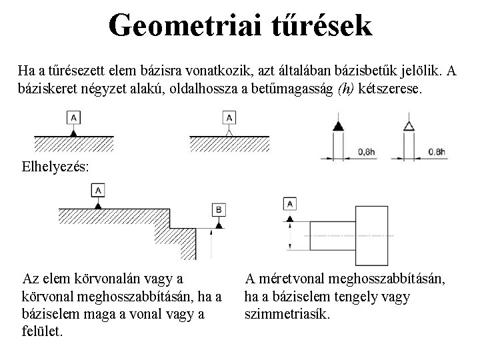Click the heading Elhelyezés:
coord(53,166)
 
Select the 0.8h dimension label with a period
coord(436,152)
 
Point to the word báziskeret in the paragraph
coord(47,87)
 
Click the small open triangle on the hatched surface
coord(230,133)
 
